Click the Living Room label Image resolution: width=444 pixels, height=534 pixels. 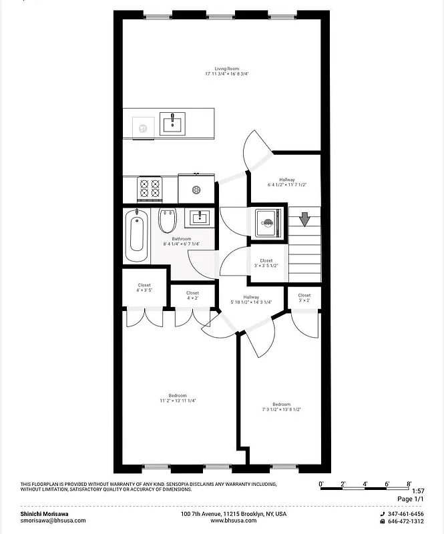pyautogui.click(x=227, y=71)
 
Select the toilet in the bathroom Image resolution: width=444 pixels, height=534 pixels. pyautogui.click(x=167, y=221)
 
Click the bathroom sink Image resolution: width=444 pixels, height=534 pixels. pyautogui.click(x=199, y=218)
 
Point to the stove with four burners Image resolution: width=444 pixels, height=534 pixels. pyautogui.click(x=150, y=189)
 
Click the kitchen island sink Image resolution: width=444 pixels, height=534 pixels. pyautogui.click(x=173, y=123)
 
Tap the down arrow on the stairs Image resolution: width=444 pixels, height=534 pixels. pyautogui.click(x=304, y=219)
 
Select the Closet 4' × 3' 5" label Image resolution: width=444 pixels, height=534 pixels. pyautogui.click(x=144, y=288)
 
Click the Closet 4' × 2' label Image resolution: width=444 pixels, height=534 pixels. pyautogui.click(x=192, y=296)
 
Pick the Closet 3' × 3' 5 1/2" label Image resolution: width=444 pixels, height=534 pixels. pyautogui.click(x=266, y=263)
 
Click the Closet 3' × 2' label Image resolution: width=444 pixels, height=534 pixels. pyautogui.click(x=304, y=298)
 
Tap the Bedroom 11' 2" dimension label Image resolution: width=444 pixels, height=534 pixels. pyautogui.click(x=177, y=398)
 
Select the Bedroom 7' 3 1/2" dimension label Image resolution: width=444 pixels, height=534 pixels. pyautogui.click(x=281, y=407)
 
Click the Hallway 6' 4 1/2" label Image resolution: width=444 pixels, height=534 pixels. pyautogui.click(x=286, y=182)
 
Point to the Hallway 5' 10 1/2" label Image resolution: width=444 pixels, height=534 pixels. pyautogui.click(x=251, y=300)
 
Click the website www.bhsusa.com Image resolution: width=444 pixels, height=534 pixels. pyautogui.click(x=234, y=521)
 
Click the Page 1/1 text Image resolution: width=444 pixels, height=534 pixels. pyautogui.click(x=410, y=499)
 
